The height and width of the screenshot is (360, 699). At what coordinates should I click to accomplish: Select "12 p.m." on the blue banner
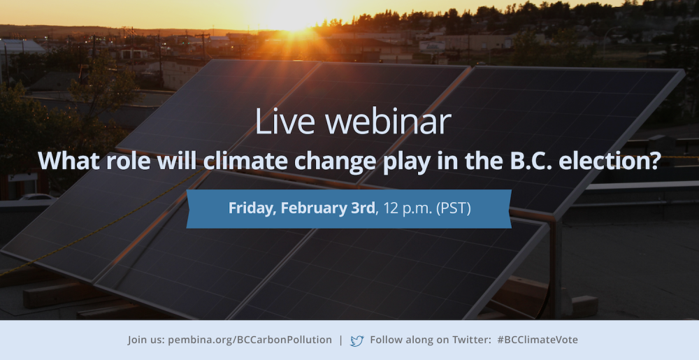pyautogui.click(x=405, y=208)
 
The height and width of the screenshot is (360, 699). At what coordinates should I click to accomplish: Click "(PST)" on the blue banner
pyautogui.click(x=452, y=208)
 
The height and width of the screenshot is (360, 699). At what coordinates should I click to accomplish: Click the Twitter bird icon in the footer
pyautogui.click(x=357, y=341)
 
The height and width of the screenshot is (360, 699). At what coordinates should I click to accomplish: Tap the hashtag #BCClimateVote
pyautogui.click(x=537, y=340)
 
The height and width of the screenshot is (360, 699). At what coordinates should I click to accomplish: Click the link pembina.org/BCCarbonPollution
pyautogui.click(x=250, y=340)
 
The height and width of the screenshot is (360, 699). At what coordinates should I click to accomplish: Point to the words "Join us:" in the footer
pyautogui.click(x=146, y=340)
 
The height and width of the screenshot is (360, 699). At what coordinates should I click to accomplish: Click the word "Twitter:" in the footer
pyautogui.click(x=472, y=340)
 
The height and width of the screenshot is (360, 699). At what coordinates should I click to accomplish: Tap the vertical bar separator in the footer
pyautogui.click(x=341, y=340)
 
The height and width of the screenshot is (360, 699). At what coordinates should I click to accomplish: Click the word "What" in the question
pyautogui.click(x=69, y=160)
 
